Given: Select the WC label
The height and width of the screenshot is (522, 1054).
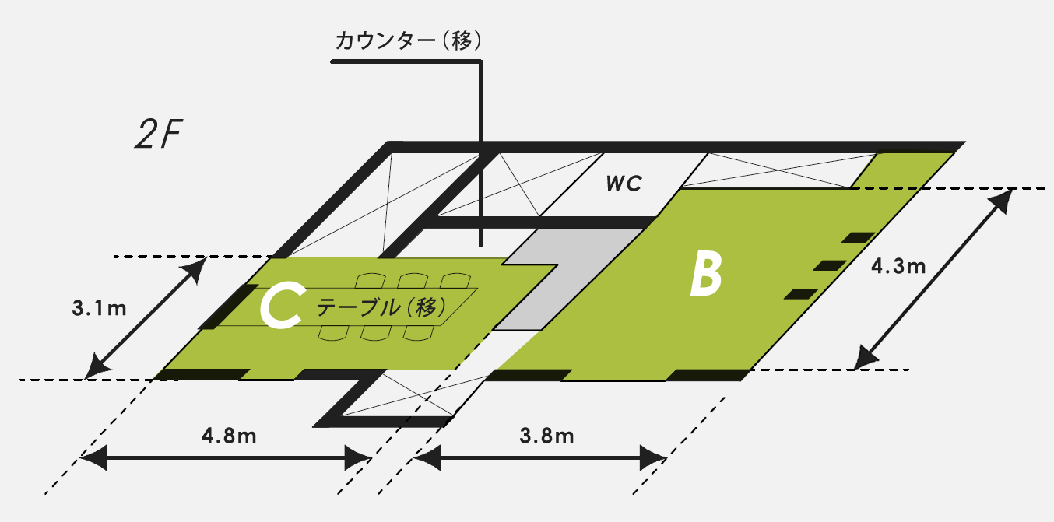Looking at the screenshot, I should [x=624, y=184].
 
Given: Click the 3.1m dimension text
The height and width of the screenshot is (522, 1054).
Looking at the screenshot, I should [x=99, y=309].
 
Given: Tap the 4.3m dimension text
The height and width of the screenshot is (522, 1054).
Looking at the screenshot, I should [x=898, y=267].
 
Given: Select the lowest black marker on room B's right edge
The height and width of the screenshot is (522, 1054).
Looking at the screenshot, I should [x=799, y=293].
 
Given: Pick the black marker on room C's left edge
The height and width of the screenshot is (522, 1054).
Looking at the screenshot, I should [x=227, y=307].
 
